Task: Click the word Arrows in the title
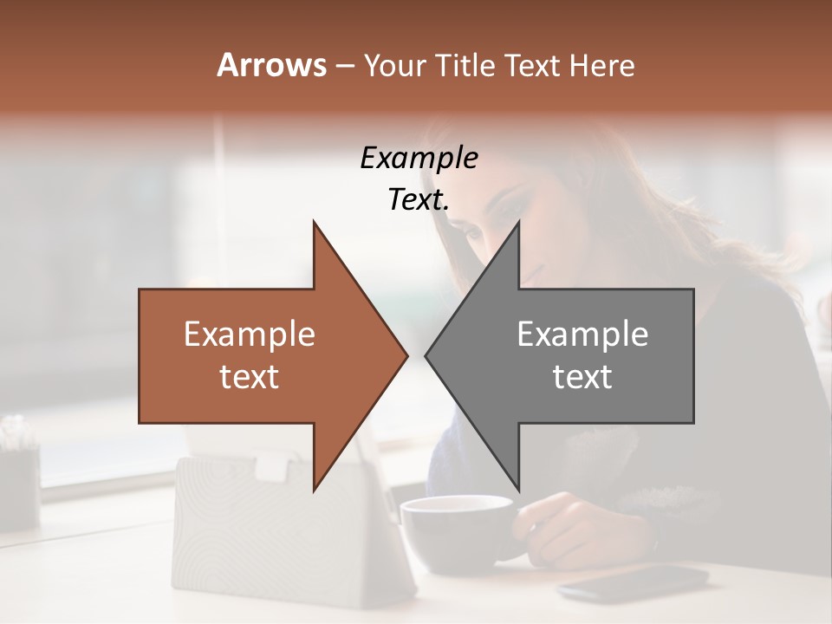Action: click(271, 65)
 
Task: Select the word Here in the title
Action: click(601, 65)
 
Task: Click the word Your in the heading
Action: click(394, 65)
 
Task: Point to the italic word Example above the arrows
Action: click(419, 159)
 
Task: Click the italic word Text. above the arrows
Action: click(419, 200)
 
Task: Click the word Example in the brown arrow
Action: click(250, 335)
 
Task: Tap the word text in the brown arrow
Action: click(250, 377)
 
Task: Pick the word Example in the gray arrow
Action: click(582, 335)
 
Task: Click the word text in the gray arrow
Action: click(582, 377)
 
